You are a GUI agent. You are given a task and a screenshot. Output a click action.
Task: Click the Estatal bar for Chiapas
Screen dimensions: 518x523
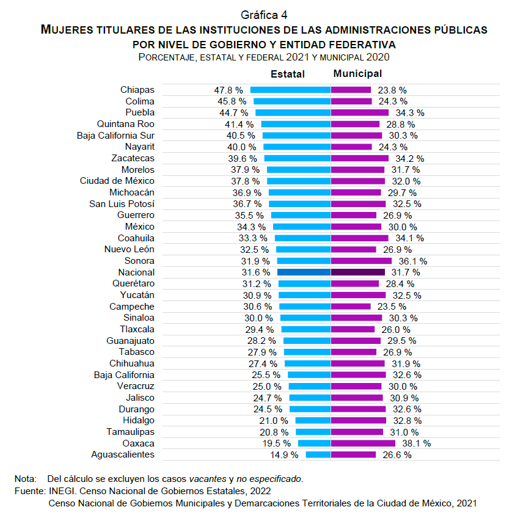[x=290, y=90]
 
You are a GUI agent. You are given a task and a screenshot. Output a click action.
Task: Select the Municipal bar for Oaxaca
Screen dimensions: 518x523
[x=363, y=443]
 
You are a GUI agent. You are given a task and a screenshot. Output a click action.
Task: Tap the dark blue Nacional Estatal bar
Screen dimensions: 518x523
[x=304, y=272]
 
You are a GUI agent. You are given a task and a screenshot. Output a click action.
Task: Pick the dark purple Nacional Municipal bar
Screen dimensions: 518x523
[x=358, y=272]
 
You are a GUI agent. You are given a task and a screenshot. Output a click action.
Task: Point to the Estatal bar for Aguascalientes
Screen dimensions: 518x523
[x=318, y=454]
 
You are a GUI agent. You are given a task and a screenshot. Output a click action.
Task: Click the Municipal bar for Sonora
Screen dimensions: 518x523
[x=361, y=261]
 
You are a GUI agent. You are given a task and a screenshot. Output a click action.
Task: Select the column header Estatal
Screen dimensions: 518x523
[x=288, y=74]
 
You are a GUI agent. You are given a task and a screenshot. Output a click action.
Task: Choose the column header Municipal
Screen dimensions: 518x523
[x=357, y=74]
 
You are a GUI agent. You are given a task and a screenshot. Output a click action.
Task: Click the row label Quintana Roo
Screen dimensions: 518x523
[x=126, y=124]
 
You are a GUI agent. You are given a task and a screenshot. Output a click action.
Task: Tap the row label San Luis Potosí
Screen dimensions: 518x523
[x=122, y=203]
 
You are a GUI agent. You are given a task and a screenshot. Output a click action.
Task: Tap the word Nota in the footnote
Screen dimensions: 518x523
[x=24, y=478]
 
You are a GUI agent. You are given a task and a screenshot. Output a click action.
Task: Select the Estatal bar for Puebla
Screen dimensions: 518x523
[x=293, y=112]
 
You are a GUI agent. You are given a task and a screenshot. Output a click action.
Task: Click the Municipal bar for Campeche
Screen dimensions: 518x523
[x=351, y=307]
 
